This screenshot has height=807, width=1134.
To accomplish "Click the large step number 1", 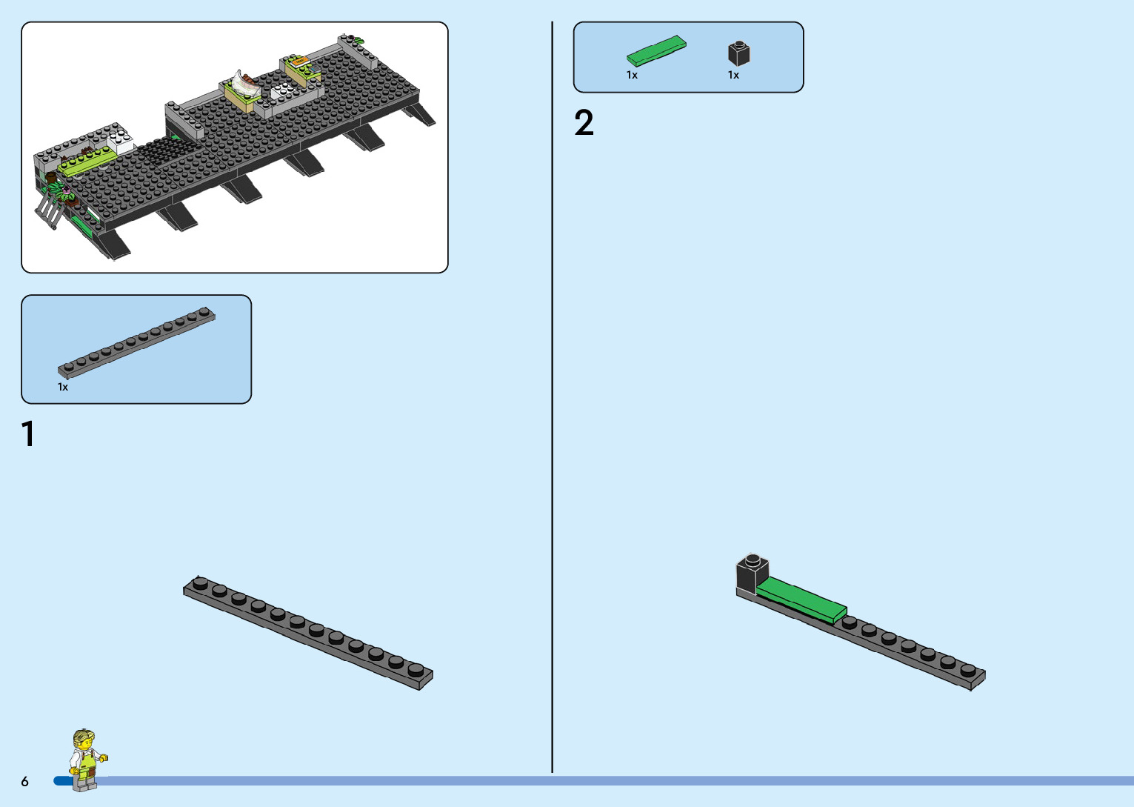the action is coord(29,434).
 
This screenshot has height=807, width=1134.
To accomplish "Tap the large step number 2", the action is coord(584,123).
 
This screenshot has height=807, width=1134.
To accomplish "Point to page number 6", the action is coord(25,781).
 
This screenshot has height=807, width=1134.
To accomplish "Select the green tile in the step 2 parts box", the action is coord(656,50).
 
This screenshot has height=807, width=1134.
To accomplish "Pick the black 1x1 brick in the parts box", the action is coord(738,53).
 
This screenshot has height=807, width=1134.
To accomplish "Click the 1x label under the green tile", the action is coord(632,75).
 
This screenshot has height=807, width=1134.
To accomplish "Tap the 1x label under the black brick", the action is coord(733,75).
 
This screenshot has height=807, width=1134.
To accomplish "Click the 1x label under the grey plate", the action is coord(63,387).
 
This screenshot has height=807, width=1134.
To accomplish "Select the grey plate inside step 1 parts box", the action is coord(137,342).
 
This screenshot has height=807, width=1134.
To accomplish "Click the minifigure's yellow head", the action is coord(84,740).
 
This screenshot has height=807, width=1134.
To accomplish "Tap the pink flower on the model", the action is coord(67,190).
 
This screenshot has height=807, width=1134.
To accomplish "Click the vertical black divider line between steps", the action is coord(553,400).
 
